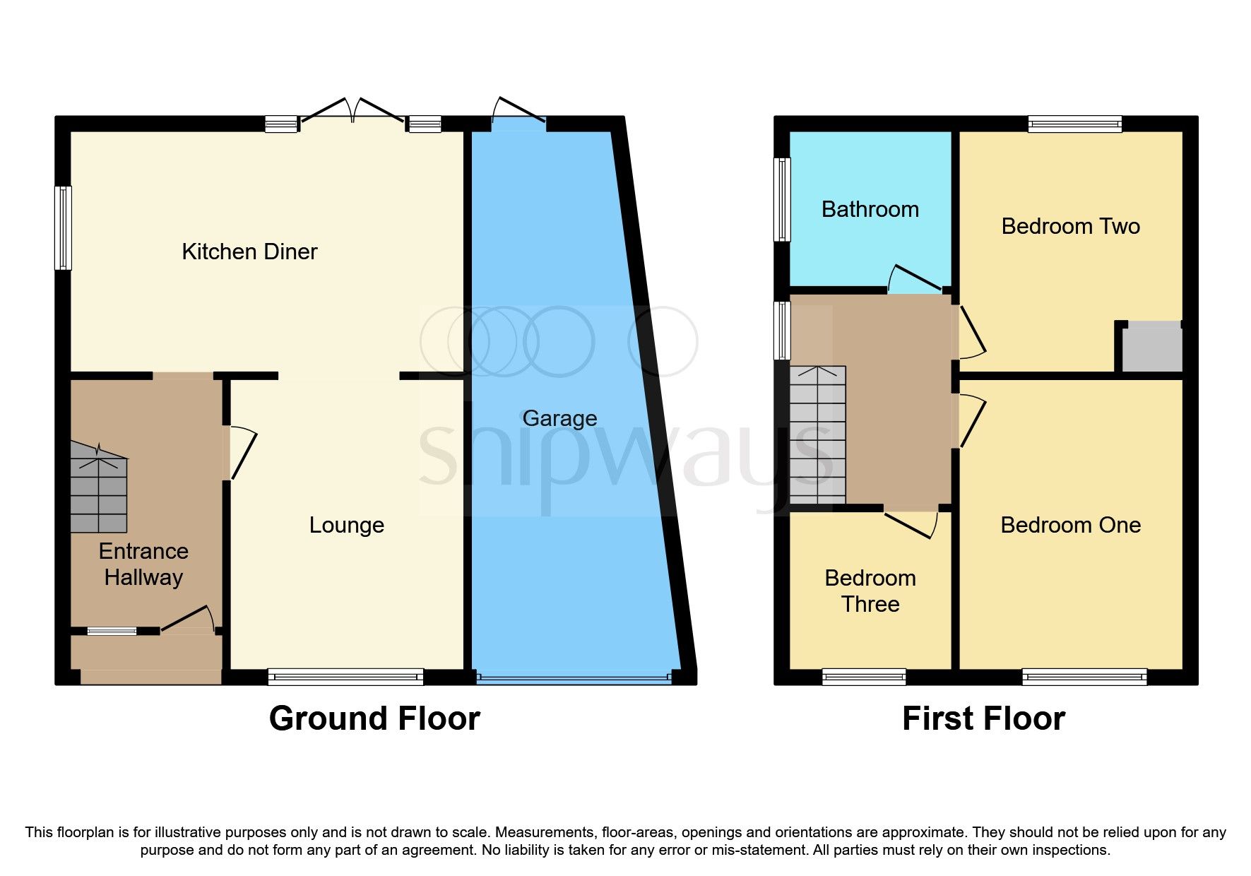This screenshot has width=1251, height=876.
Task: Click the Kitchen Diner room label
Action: point(249,251)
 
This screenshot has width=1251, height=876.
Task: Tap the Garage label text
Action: point(559,418)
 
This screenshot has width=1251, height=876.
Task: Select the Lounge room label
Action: point(346,525)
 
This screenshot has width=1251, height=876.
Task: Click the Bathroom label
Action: point(870,209)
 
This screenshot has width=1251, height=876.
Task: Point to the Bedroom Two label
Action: point(1070,226)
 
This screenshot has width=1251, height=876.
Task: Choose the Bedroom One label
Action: point(1070,525)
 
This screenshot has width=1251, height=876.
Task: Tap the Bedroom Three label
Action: point(870,591)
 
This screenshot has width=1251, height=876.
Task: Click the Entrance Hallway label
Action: point(143,564)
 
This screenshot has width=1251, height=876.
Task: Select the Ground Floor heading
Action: point(374,718)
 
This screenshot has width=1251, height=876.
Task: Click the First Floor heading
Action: point(983,718)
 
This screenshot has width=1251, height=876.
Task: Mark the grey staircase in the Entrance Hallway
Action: point(99,491)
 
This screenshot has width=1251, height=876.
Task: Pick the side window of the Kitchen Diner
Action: point(64,227)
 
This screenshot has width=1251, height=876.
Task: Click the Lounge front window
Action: point(345,677)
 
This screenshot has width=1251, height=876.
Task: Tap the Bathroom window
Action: point(782,199)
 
